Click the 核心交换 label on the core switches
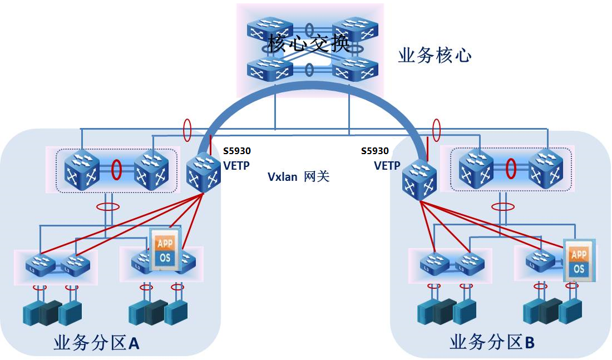click(309, 43)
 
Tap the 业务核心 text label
click(435, 56)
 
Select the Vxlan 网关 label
click(298, 177)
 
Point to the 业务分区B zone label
click(492, 342)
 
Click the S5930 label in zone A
click(236, 151)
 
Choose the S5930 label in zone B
click(375, 151)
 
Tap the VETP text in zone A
click(236, 165)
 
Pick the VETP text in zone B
click(387, 165)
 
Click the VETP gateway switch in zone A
click(204, 173)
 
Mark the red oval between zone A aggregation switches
click(116, 168)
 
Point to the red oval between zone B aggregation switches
click(510, 168)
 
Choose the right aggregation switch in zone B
click(545, 169)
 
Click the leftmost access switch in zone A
click(40, 263)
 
